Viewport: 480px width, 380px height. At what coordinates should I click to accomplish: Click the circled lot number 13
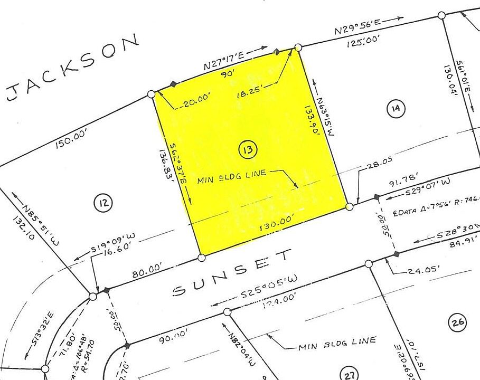(x=248, y=150)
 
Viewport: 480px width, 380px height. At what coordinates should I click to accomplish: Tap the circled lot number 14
(x=396, y=109)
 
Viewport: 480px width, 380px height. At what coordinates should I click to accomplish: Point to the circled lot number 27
(x=350, y=374)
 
